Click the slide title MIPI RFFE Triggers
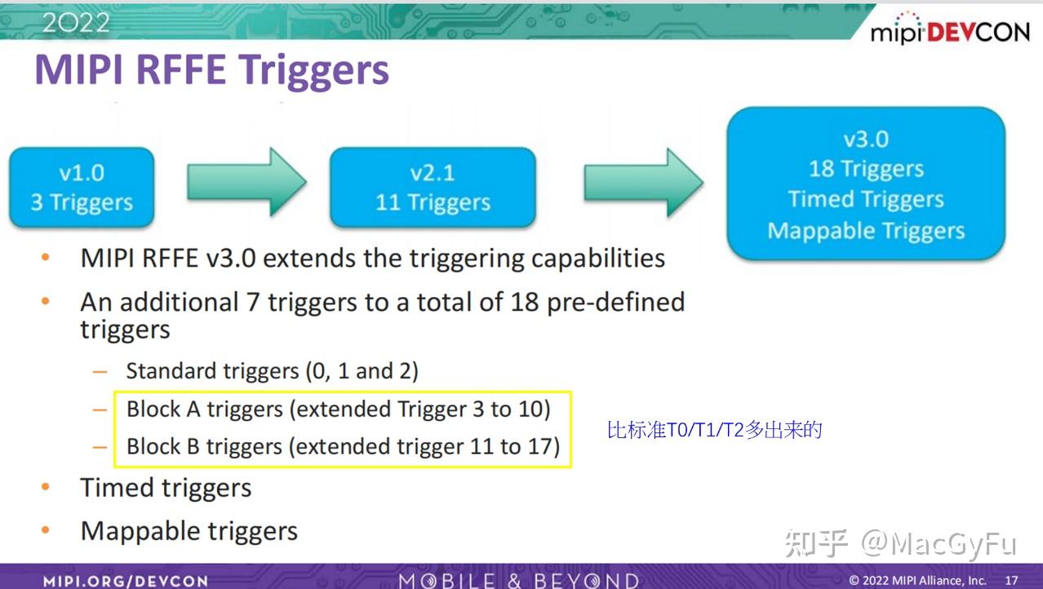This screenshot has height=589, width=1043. point(211,70)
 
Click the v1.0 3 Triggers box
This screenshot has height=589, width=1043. point(82,188)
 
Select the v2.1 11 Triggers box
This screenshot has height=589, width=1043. point(433,188)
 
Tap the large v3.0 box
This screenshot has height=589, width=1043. point(865,184)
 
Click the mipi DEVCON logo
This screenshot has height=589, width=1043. point(950,32)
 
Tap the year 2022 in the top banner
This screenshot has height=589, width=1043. point(75,22)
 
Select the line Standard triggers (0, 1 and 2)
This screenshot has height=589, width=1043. point(272,371)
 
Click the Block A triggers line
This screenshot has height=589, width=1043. point(338,409)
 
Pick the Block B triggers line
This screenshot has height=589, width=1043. point(343,447)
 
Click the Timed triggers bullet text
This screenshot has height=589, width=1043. point(166,488)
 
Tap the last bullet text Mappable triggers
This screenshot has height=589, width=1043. point(189,531)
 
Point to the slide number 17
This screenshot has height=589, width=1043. point(1011,581)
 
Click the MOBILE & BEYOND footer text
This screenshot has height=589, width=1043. point(518,581)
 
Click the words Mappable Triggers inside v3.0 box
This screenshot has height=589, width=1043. point(865,231)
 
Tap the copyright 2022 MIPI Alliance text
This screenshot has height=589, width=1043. point(917,581)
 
